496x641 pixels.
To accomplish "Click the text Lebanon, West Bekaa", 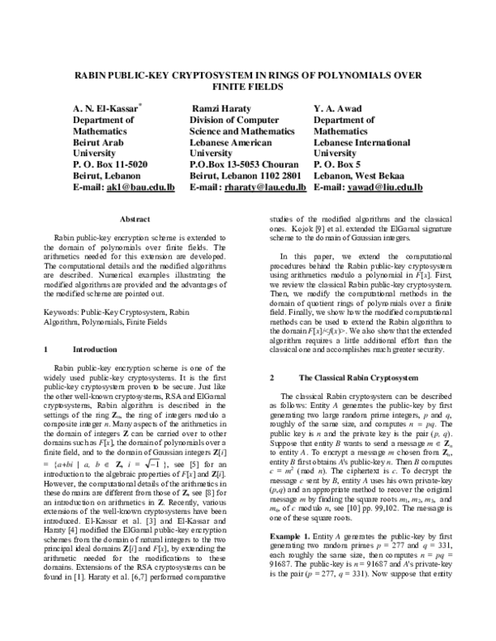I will [x=358, y=176].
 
